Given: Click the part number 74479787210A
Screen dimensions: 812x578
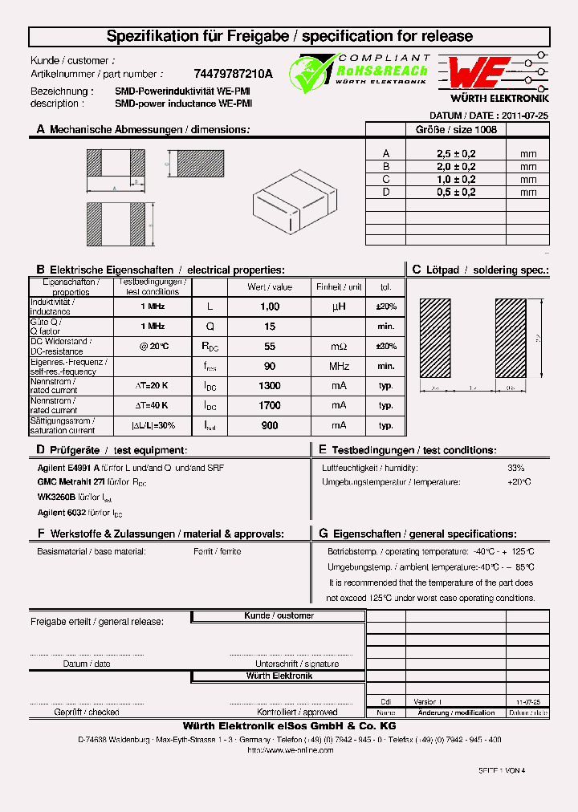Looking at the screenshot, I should tap(233, 74).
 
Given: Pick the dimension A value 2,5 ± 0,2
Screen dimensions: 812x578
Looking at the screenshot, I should tap(456, 154).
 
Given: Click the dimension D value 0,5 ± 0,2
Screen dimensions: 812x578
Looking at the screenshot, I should tap(456, 193).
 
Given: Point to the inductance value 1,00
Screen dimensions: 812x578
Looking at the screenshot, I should tap(270, 307).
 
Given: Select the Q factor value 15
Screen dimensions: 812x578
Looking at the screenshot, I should tap(270, 327).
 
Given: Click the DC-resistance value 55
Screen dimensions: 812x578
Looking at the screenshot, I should tap(270, 347).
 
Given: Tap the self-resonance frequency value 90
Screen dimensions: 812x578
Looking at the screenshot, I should tap(270, 367).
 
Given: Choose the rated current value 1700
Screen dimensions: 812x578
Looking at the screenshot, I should tap(270, 406).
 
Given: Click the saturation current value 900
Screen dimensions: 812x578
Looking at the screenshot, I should tap(270, 426).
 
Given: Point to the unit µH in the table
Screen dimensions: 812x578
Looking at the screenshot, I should tap(339, 307).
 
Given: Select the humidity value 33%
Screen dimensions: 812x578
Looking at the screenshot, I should tap(515, 468).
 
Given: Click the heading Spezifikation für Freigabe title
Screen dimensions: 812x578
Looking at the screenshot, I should tap(289, 36).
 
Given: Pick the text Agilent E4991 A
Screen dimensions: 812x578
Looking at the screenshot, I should tap(68, 468).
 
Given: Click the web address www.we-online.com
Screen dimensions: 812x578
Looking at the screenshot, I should tap(290, 750).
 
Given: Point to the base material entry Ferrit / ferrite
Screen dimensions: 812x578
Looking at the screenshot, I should tap(217, 552).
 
